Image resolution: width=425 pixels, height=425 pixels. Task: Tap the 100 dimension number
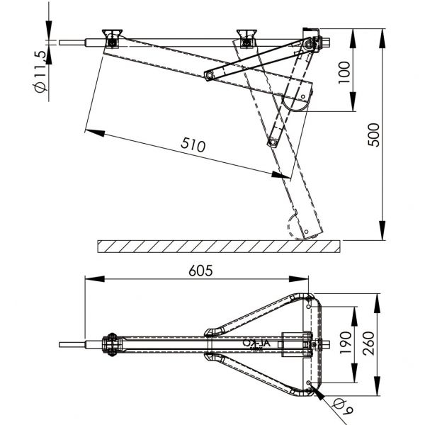coord(344,72)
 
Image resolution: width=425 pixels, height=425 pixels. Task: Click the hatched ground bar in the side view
coord(218,246)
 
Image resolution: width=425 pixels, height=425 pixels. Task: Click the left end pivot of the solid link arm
coord(208,74)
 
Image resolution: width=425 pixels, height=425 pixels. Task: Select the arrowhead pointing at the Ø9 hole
coord(317,391)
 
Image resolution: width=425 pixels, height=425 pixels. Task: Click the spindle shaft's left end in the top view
coord(62,346)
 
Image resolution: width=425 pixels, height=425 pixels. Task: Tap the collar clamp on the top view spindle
coord(110,346)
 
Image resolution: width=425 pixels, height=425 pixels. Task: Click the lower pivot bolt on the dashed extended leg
coord(271,142)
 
